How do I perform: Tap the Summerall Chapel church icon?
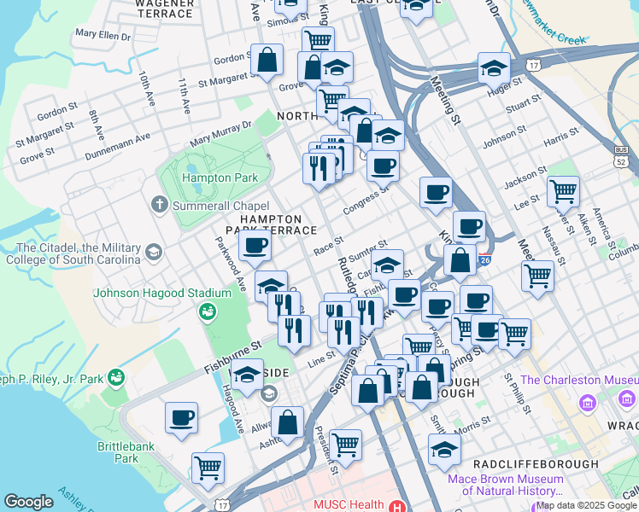click(159, 205)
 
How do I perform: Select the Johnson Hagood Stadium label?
click(162, 293)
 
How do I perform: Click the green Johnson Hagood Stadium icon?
click(208, 312)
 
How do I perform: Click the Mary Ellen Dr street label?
click(103, 35)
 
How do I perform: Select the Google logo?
click(28, 502)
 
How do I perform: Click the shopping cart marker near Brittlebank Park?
click(208, 467)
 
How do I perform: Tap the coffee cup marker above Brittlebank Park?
click(182, 418)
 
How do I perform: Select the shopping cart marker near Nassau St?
click(537, 275)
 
